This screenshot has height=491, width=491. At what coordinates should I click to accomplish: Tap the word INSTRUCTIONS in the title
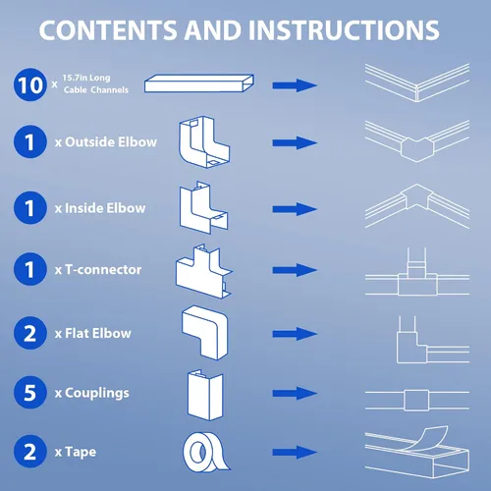coord(344,30)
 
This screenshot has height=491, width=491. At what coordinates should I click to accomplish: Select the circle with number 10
coord(30,84)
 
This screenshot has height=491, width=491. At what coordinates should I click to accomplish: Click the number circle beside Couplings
coord(30,392)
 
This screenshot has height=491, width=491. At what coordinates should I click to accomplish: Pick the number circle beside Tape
coord(30,452)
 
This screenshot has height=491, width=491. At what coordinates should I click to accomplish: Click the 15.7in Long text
coord(86,78)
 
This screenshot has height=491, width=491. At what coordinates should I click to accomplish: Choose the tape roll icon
coord(205,452)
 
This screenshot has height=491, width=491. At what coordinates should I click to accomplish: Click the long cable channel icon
coord(199,83)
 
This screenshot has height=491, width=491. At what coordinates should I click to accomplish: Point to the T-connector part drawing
coord(203,271)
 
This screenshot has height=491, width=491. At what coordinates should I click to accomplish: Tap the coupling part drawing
coord(205,395)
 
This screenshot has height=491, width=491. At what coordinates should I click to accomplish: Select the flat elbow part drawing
coord(205,333)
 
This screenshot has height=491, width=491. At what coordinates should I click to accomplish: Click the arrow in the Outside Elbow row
coord(295,142)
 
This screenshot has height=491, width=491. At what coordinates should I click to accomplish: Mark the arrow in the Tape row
coord(295,453)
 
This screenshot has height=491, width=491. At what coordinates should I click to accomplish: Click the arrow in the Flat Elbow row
coord(295,334)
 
